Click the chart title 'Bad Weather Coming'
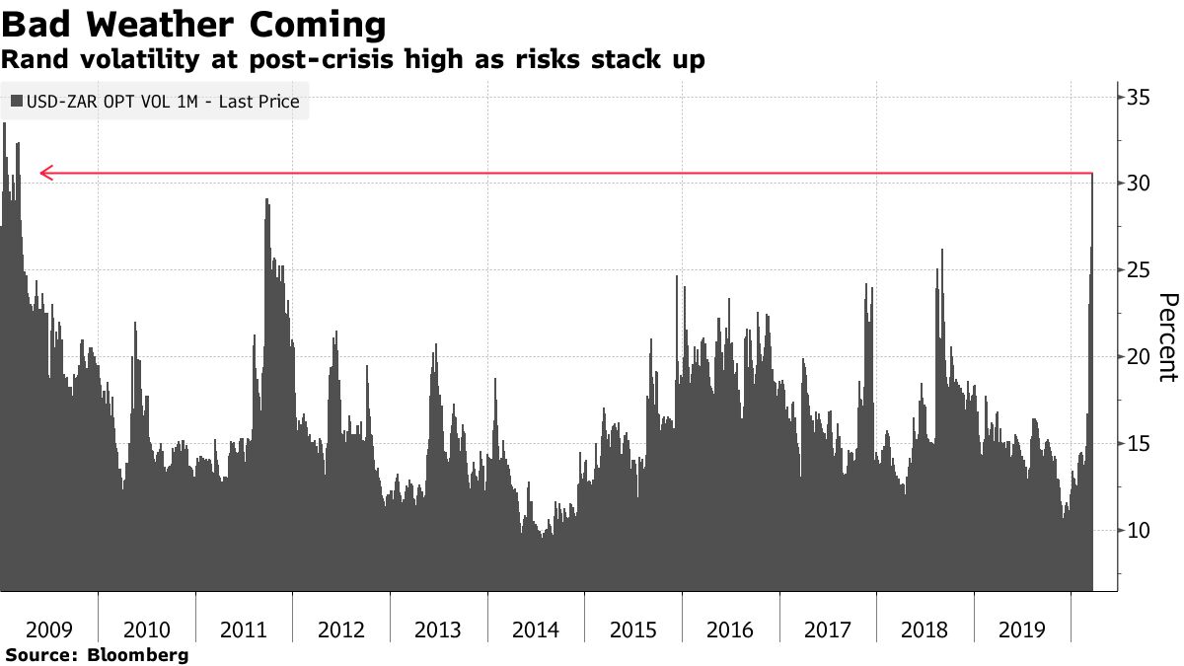194,24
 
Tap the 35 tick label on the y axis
1141,97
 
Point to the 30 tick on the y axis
1141,184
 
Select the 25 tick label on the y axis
1141,270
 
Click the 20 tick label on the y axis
1141,357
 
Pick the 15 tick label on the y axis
1141,444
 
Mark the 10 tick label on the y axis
1141,531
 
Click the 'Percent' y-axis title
1167,337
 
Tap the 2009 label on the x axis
49,629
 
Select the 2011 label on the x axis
244,629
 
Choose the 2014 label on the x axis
536,629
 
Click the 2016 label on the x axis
730,629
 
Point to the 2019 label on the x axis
1022,629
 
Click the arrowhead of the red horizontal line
44,175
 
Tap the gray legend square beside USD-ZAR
16,102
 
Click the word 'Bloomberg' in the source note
138,655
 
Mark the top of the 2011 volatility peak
266,199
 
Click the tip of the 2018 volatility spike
942,250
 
